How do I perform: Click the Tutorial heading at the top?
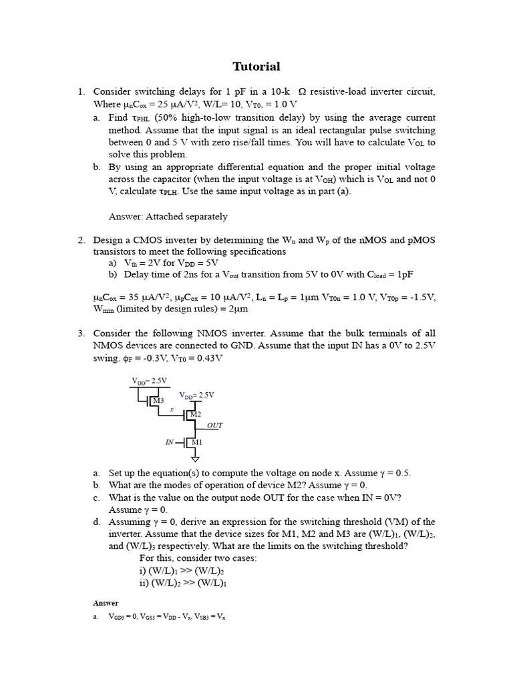tap(256, 66)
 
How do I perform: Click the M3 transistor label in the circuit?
tap(158, 401)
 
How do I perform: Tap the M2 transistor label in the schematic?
tap(195, 415)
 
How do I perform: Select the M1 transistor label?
tap(197, 442)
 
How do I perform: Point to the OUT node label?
tap(214, 425)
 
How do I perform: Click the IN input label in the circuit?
tap(170, 442)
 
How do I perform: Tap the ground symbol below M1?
tap(195, 459)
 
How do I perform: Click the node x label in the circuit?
tap(172, 410)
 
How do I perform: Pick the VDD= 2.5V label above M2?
tap(196, 395)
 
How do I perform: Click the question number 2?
tap(81, 239)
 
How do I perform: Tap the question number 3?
tap(81, 333)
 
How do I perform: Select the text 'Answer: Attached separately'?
tap(168, 216)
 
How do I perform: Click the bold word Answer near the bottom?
tap(106, 603)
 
